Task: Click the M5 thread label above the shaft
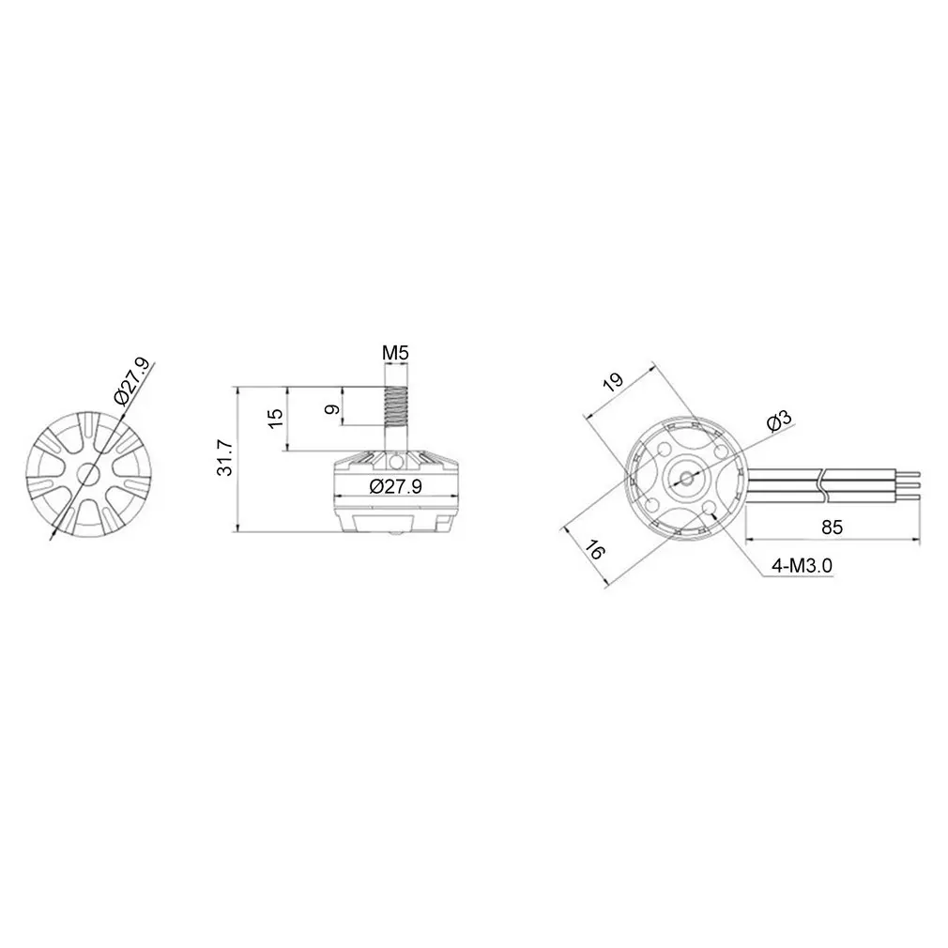(395, 354)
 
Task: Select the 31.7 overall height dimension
(225, 457)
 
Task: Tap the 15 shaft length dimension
(273, 419)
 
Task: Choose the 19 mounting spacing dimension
(613, 382)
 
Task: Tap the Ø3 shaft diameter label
(779, 422)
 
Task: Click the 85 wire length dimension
(832, 527)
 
